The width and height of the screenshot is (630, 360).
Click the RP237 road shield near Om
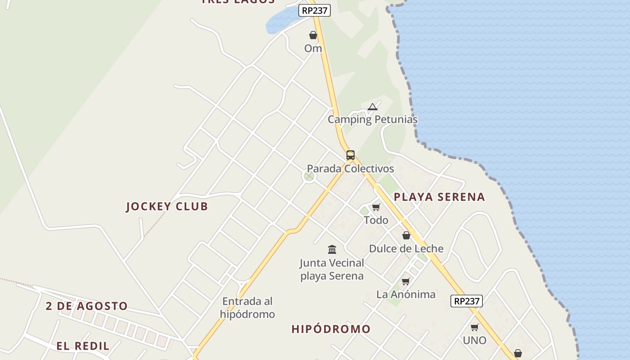(x=314, y=10)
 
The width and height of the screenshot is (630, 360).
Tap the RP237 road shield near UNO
(x=466, y=301)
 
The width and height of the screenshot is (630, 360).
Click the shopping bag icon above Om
(x=313, y=35)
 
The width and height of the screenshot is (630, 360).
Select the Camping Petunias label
(x=372, y=120)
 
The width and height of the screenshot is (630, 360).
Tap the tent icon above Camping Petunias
(x=372, y=107)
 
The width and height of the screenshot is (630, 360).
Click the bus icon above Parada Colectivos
(x=351, y=155)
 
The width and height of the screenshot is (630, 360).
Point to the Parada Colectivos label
(x=350, y=169)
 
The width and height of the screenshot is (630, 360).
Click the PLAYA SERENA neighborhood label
(x=439, y=197)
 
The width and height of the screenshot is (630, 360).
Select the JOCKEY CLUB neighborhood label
(x=167, y=207)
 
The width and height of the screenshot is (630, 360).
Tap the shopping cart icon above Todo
(x=376, y=207)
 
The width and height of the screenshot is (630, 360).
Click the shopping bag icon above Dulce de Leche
(x=406, y=235)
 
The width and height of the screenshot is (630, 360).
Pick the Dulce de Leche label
(x=406, y=249)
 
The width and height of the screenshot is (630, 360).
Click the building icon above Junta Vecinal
(x=332, y=249)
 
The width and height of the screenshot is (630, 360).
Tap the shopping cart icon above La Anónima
(x=406, y=282)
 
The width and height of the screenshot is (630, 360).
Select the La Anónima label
(x=406, y=295)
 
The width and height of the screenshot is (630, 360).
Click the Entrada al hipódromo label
(x=247, y=308)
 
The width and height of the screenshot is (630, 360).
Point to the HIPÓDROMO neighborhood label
(x=331, y=329)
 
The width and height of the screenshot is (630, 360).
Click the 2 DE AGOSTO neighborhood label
(x=87, y=306)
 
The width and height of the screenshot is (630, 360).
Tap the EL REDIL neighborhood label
(x=83, y=346)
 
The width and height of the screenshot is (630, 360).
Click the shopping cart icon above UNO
(x=474, y=328)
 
